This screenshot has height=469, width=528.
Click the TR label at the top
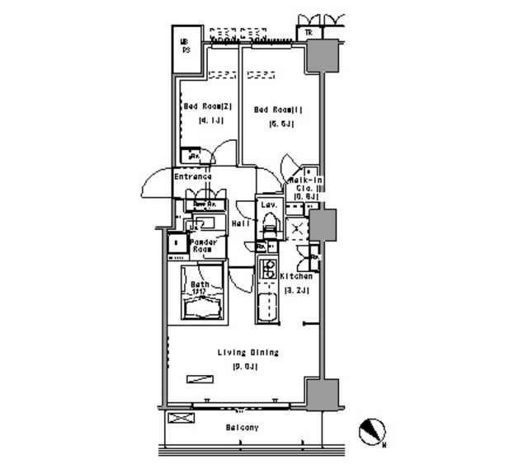(308, 33)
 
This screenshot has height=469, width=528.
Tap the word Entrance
(192, 176)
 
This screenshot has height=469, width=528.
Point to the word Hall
(241, 223)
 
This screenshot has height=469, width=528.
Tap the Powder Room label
(202, 246)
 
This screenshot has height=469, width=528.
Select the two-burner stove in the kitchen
(269, 268)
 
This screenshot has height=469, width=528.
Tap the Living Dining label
(247, 353)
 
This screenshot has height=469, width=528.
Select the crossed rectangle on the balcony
(179, 418)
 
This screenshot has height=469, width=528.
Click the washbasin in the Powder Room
(202, 223)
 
